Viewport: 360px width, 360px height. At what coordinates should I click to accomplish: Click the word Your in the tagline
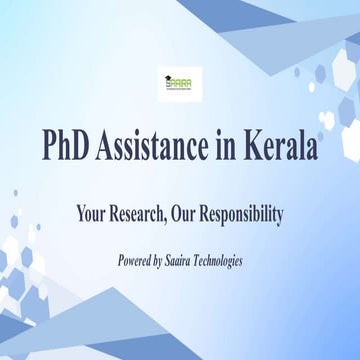click(92, 214)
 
